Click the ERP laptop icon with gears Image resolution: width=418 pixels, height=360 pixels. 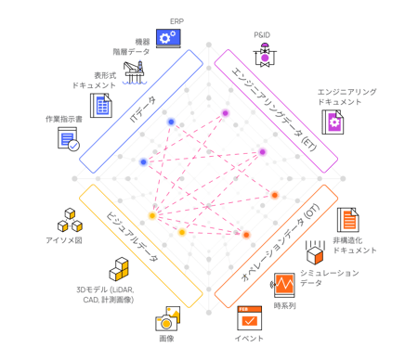click(168, 38)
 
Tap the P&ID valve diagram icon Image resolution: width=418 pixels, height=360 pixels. click(265, 55)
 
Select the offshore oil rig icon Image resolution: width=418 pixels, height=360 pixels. click(135, 73)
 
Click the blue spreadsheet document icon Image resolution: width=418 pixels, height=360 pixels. click(101, 106)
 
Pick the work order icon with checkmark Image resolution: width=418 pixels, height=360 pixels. click(69, 139)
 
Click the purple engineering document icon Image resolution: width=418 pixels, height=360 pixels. click(333, 122)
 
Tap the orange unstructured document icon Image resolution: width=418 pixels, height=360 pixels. click(348, 220)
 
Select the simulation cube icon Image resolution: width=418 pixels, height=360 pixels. click(315, 252)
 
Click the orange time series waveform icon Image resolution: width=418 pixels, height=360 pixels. click(283, 285)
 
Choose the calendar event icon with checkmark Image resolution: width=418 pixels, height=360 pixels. click(250, 318)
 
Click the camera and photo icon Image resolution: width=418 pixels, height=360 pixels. click(167, 318)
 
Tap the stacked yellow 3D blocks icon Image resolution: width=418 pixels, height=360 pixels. click(119, 269)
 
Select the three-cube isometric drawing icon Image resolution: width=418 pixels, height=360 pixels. click(70, 220)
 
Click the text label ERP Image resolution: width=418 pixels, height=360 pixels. click(176, 21)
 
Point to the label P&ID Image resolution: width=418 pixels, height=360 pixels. click(262, 35)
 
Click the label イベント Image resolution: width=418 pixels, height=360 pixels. click(249, 339)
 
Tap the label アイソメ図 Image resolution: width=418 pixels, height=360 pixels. click(64, 240)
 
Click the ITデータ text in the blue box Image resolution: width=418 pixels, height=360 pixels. click(142, 109)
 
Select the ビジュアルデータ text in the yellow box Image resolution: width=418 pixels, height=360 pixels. click(132, 237)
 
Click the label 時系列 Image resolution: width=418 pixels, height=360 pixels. click(285, 306)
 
